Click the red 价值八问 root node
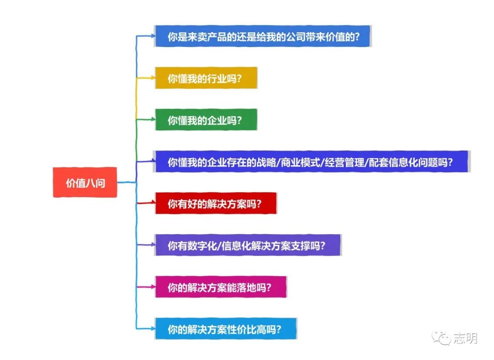click(x=85, y=183)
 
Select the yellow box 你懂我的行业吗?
click(x=206, y=79)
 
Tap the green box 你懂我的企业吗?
click(x=206, y=120)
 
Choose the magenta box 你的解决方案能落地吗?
click(x=220, y=288)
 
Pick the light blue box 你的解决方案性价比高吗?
click(x=226, y=329)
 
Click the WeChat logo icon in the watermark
click(x=442, y=339)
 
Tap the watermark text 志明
click(x=466, y=339)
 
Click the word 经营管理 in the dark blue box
click(x=345, y=162)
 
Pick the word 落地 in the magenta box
click(x=247, y=288)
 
